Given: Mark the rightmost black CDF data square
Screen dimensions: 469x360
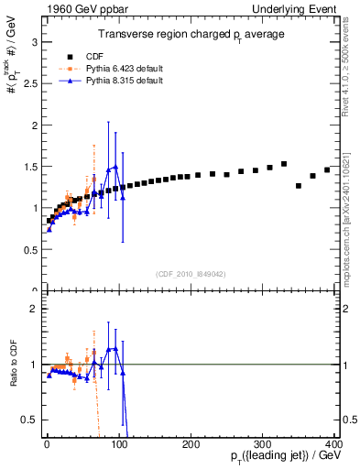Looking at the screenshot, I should click(x=327, y=170).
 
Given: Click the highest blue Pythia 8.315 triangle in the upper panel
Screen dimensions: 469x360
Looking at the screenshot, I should click(x=115, y=168).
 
